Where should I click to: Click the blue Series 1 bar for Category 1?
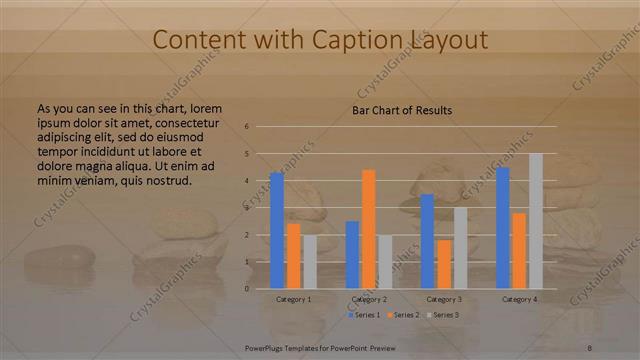click(277, 230)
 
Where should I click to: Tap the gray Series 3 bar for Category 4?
click(536, 221)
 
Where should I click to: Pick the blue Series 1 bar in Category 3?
click(427, 241)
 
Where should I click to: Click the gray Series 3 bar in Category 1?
click(310, 262)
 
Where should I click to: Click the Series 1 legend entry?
click(362, 315)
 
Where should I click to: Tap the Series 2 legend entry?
click(402, 315)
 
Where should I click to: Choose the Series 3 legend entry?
click(443, 315)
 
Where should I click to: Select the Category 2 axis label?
click(368, 299)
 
